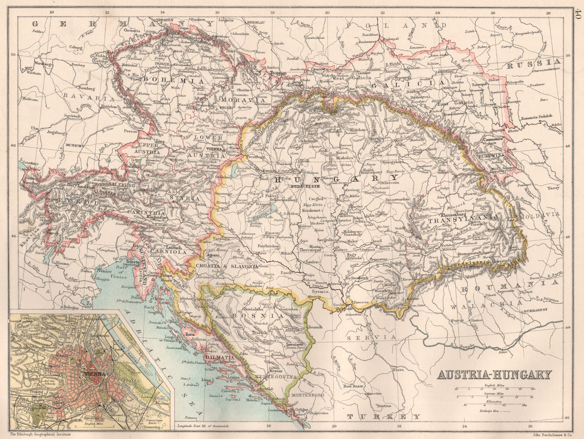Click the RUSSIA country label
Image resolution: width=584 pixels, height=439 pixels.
coord(533,62)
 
